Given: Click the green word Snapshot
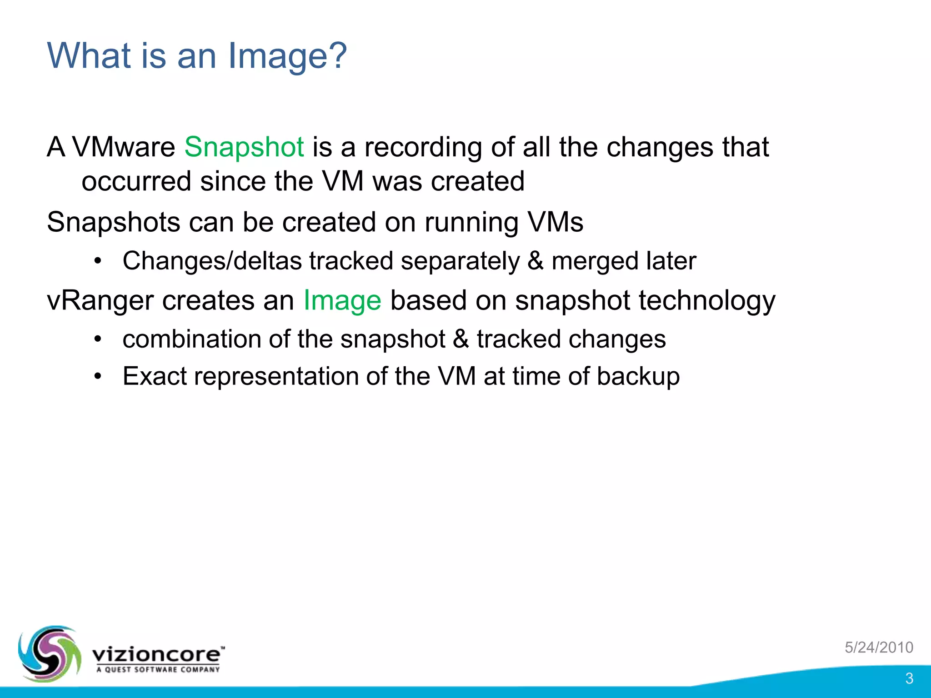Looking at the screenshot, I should [244, 147].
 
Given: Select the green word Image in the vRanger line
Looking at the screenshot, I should [342, 301].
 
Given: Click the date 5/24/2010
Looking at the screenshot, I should [879, 647].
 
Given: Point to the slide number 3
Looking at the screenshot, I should [909, 678].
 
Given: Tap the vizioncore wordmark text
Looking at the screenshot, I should [157, 654].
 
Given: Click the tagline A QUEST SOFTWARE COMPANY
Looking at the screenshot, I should [158, 669].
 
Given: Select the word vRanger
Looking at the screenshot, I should [100, 301].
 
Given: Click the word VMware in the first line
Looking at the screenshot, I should [124, 147].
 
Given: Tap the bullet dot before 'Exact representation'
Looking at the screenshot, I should [98, 377].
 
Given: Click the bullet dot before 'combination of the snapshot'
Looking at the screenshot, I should [98, 339].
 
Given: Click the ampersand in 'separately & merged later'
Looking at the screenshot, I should [536, 261].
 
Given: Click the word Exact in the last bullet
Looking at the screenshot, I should [155, 377].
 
